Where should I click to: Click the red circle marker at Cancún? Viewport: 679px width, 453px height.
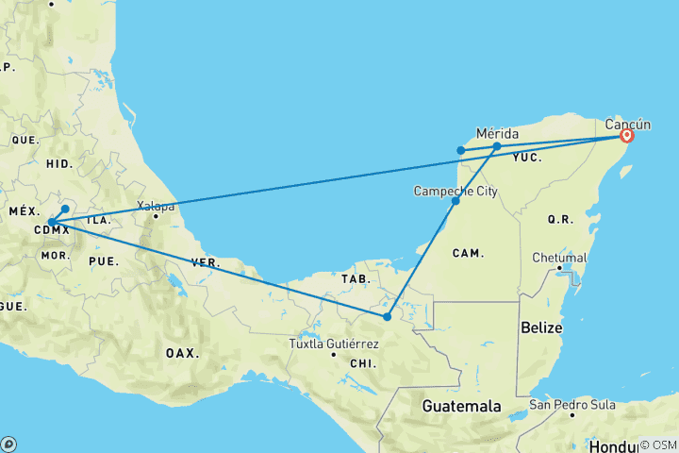pyautogui.click(x=625, y=136)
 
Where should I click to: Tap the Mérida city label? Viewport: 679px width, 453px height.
pyautogui.click(x=497, y=133)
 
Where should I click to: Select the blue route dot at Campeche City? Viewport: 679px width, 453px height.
pyautogui.click(x=455, y=201)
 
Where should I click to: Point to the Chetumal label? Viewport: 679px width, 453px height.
pyautogui.click(x=560, y=257)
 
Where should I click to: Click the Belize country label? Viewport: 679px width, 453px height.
pyautogui.click(x=540, y=327)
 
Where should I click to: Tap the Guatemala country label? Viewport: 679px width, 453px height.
pyautogui.click(x=460, y=407)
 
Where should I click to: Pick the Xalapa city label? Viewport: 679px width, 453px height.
pyautogui.click(x=156, y=205)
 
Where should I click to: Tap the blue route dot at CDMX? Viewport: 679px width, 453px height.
pyautogui.click(x=50, y=223)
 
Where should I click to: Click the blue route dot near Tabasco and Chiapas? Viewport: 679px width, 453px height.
pyautogui.click(x=387, y=316)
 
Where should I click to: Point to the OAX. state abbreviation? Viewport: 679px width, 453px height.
pyautogui.click(x=183, y=353)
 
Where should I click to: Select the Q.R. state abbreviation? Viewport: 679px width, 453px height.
pyautogui.click(x=560, y=219)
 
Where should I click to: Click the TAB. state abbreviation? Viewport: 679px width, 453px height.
pyautogui.click(x=355, y=279)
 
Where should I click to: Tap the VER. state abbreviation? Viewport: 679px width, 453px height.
pyautogui.click(x=206, y=261)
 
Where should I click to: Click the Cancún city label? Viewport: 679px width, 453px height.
pyautogui.click(x=627, y=123)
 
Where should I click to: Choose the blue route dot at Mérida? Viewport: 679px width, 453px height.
pyautogui.click(x=497, y=146)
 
